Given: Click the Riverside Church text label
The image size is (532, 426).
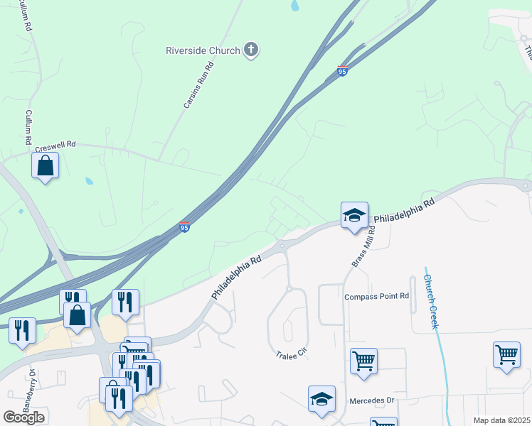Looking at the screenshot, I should pyautogui.click(x=203, y=50).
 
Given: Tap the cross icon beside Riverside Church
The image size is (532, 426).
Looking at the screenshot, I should pyautogui.click(x=250, y=50).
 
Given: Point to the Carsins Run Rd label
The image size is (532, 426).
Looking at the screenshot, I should pyautogui.click(x=198, y=84).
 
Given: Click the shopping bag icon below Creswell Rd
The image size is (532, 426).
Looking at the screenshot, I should pyautogui.click(x=45, y=166).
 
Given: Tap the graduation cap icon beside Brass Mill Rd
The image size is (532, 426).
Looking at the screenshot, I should pyautogui.click(x=353, y=216).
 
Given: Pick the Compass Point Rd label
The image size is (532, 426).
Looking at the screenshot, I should pyautogui.click(x=377, y=296).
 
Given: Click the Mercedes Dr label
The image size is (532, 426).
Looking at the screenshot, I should pyautogui.click(x=371, y=400).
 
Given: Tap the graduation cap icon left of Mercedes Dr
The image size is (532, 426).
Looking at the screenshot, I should pyautogui.click(x=321, y=399).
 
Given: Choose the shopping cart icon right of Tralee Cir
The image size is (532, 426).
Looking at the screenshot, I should pyautogui.click(x=363, y=361).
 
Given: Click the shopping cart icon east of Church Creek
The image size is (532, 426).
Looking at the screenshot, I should pyautogui.click(x=506, y=355).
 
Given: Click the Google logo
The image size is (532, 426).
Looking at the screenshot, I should pyautogui.click(x=23, y=417).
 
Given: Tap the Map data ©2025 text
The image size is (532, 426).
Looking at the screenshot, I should pyautogui.click(x=501, y=420).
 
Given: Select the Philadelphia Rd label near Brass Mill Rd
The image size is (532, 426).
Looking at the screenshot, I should pyautogui.click(x=404, y=211).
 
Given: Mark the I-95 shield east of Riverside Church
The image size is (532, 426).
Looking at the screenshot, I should pyautogui.click(x=342, y=72).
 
